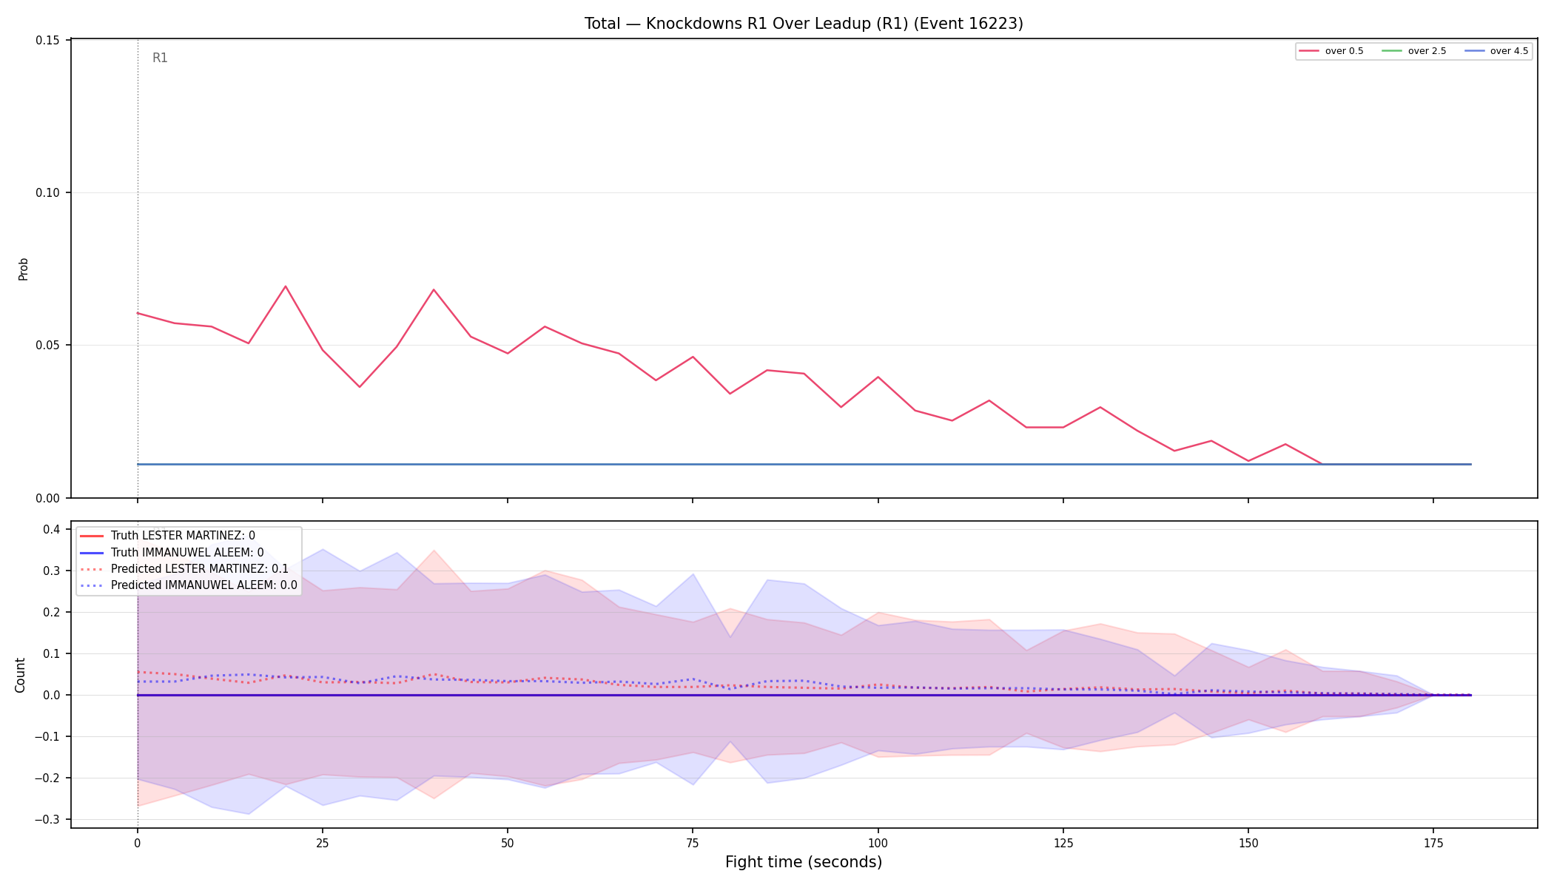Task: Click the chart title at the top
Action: (x=804, y=24)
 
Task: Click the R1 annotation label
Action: (x=160, y=58)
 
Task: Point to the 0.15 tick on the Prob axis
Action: (x=48, y=40)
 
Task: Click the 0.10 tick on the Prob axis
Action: (x=48, y=192)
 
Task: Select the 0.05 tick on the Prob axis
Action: (x=48, y=345)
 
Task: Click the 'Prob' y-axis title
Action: (x=23, y=269)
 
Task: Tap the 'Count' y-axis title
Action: (x=20, y=675)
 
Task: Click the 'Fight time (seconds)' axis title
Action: (x=804, y=862)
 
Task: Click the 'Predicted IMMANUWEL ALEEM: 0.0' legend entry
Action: (x=188, y=585)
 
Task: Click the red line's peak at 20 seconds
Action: (x=286, y=286)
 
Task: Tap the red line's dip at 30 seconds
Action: (x=360, y=386)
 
